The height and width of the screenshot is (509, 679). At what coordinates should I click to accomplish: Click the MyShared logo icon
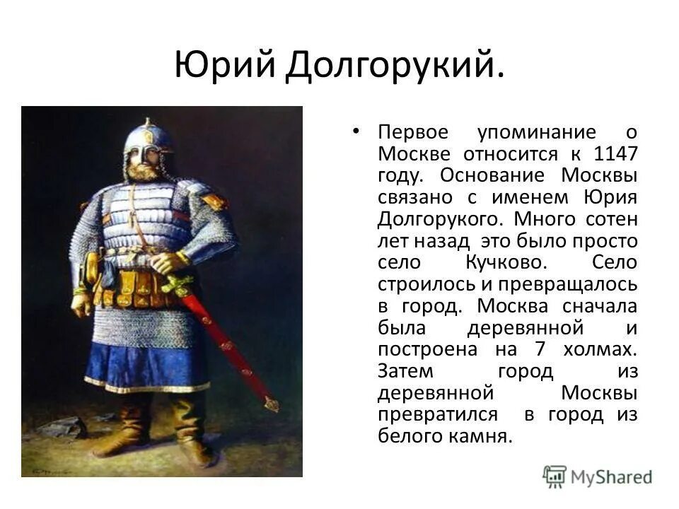coord(556,476)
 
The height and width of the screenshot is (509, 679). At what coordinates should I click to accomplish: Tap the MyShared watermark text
coord(611,476)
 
